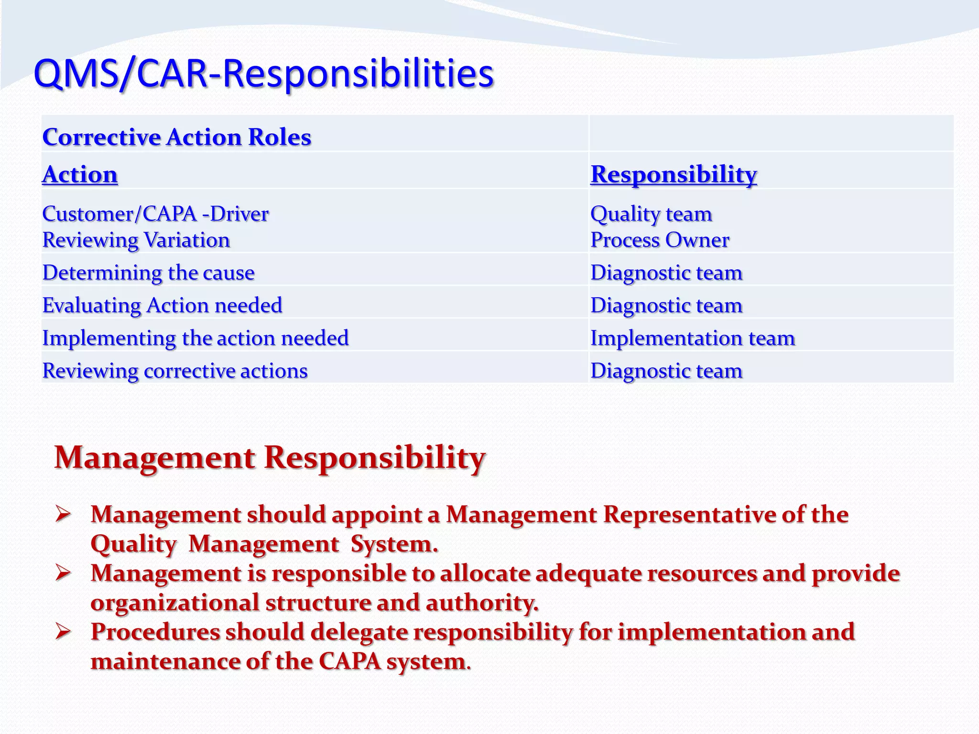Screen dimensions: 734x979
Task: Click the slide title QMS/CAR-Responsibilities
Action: coord(263,74)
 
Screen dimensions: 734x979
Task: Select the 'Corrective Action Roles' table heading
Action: coord(176,137)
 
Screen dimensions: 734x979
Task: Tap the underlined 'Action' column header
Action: coord(80,174)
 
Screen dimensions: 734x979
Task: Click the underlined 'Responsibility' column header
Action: coord(673,174)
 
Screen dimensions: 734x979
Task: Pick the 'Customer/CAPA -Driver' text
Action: coord(155,214)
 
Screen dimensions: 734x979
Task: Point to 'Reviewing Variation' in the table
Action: coord(136,240)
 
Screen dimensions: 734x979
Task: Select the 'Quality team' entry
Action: coord(651,214)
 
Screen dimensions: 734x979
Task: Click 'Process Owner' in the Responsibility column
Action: coord(660,240)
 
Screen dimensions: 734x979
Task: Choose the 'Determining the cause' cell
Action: coord(148,272)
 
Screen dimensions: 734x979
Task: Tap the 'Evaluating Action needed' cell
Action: coord(162,305)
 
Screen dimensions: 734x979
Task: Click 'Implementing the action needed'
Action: coord(195,338)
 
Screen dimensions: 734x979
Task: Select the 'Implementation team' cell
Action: coord(692,338)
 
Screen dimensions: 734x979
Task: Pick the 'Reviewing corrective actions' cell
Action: coord(174,371)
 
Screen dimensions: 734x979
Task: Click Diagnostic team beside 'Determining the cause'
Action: coord(666,272)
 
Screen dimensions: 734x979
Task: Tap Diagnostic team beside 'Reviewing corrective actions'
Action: coord(666,371)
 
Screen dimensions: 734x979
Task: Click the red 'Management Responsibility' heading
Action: coord(270,458)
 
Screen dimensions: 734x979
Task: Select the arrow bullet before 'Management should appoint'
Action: coord(63,515)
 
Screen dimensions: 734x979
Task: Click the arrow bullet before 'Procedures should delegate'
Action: coord(63,632)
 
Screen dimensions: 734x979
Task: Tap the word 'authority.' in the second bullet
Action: coord(481,603)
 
